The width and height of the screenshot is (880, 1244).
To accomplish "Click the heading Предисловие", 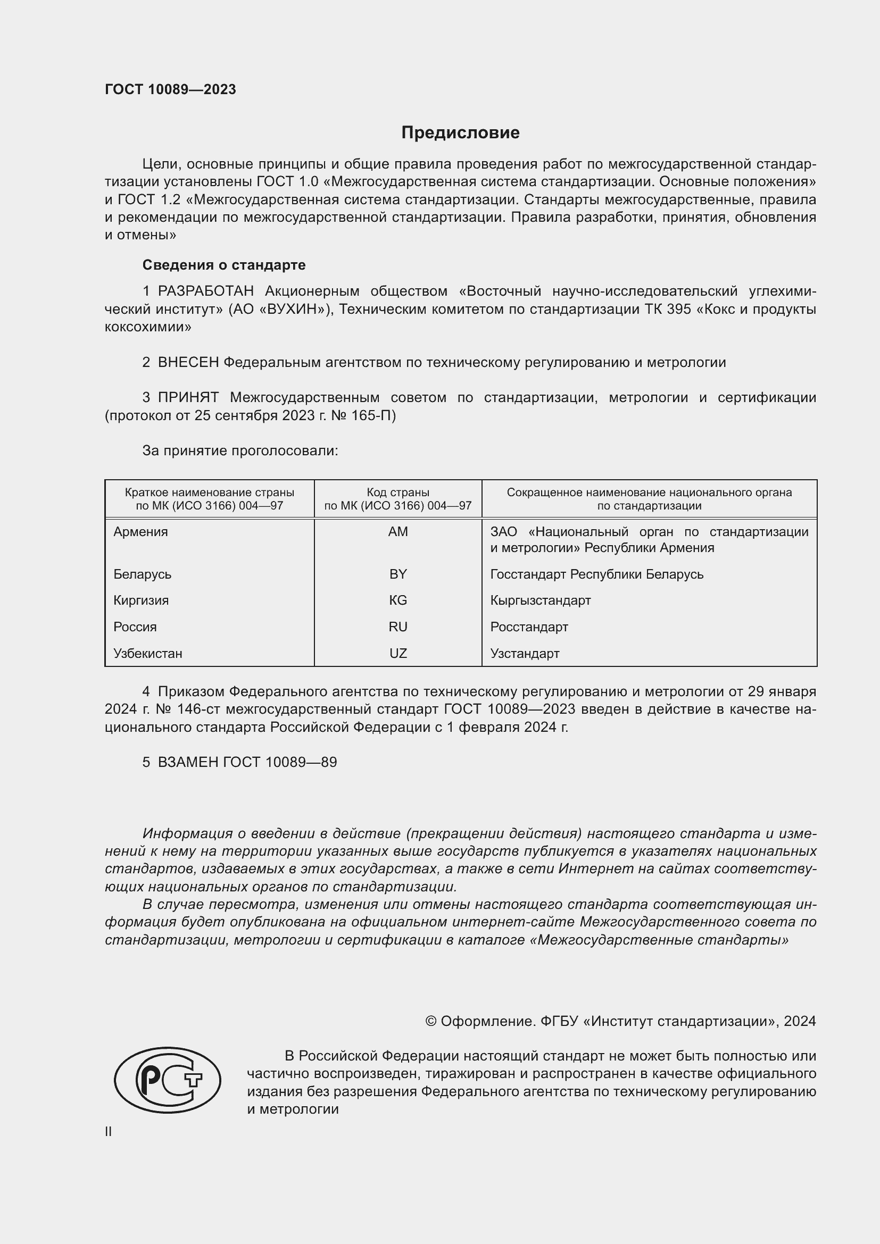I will click(x=460, y=133).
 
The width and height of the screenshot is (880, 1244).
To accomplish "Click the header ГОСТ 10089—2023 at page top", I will click(x=170, y=89).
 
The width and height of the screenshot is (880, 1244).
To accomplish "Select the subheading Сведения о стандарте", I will click(x=224, y=265).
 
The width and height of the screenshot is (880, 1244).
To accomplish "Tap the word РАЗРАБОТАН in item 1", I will click(x=205, y=291).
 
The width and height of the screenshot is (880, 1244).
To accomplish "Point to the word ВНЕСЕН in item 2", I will click(x=188, y=363).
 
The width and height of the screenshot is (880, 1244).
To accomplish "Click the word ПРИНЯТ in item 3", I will click(x=188, y=398).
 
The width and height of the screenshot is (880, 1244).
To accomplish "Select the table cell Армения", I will click(x=140, y=532).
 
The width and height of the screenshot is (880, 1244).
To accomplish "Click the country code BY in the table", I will click(x=398, y=574).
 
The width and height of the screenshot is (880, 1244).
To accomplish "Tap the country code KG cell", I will click(x=398, y=600).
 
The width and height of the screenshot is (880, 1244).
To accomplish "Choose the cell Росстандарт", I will click(x=529, y=627).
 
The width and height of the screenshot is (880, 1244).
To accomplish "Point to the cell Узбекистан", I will click(x=147, y=654).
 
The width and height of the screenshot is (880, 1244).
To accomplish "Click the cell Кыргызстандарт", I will click(x=540, y=600).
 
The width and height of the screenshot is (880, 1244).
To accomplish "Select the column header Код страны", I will click(x=398, y=492).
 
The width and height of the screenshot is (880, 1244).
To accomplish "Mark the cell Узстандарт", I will click(x=525, y=654).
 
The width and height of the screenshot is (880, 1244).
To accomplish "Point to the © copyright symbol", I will click(x=431, y=1021).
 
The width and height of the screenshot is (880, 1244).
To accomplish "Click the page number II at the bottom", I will click(x=109, y=1132).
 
